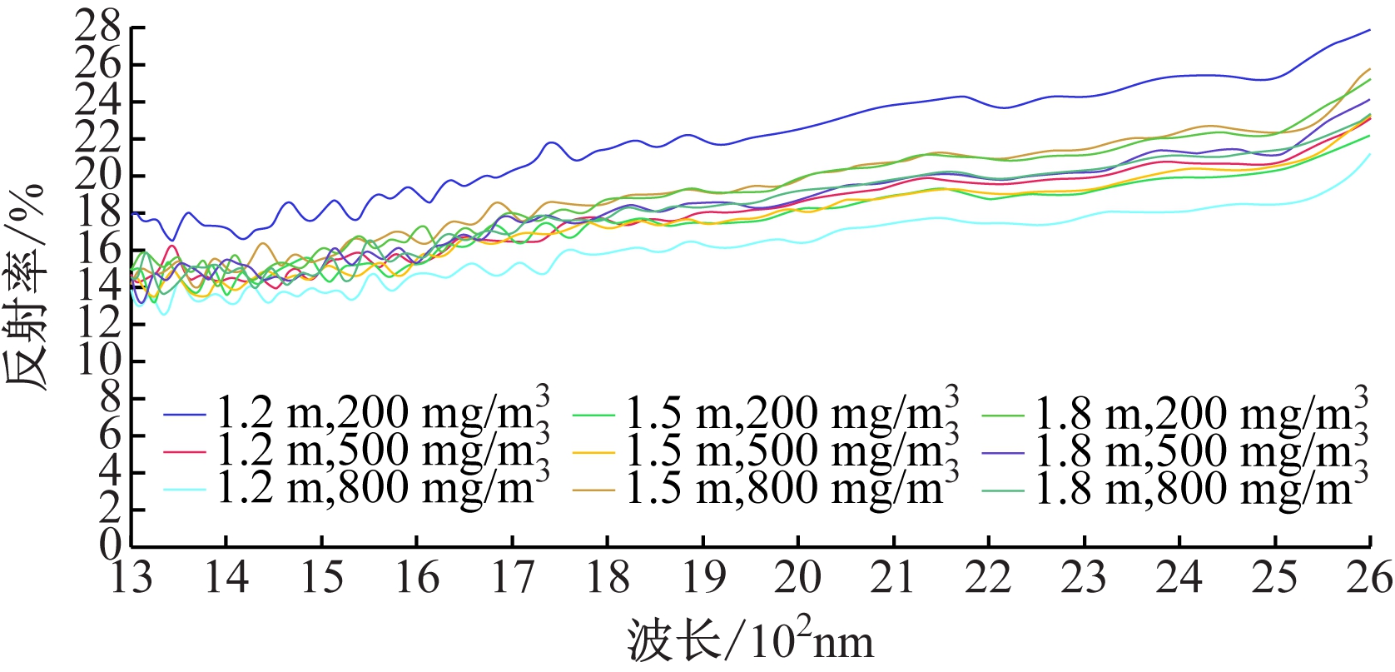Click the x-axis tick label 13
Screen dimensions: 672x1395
click(x=132, y=577)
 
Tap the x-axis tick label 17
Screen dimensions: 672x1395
click(x=513, y=577)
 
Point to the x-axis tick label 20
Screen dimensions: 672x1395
click(x=798, y=577)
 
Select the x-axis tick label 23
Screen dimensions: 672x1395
click(x=1084, y=577)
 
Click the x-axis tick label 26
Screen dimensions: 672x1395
click(x=1370, y=577)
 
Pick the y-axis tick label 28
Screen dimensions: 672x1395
click(x=98, y=28)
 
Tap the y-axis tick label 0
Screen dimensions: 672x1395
click(x=111, y=546)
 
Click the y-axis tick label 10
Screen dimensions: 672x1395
click(x=98, y=361)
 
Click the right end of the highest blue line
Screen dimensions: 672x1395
click(x=1369, y=30)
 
